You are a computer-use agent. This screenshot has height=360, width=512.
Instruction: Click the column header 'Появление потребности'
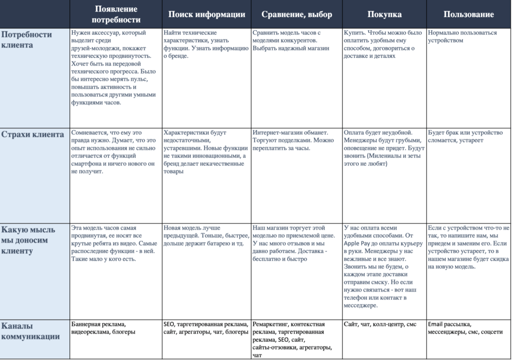pyautogui.click(x=116, y=14)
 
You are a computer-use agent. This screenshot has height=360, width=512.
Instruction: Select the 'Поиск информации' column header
pyautogui.click(x=206, y=14)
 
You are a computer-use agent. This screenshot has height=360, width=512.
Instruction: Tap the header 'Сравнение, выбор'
pyautogui.click(x=296, y=14)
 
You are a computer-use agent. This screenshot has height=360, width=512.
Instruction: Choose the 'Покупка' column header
pyautogui.click(x=384, y=14)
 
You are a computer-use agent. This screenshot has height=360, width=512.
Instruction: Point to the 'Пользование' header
pyautogui.click(x=468, y=14)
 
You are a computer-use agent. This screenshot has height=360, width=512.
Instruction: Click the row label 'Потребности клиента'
pyautogui.click(x=27, y=39)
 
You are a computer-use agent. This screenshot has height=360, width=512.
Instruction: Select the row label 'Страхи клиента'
pyautogui.click(x=32, y=134)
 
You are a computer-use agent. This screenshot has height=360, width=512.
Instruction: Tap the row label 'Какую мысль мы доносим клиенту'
pyautogui.click(x=29, y=240)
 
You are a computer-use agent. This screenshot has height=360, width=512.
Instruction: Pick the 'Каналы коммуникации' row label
pyautogui.click(x=30, y=330)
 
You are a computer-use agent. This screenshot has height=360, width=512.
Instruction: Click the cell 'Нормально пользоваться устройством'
pyautogui.click(x=462, y=36)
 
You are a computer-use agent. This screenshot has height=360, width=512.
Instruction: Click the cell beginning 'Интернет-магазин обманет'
pyautogui.click(x=292, y=140)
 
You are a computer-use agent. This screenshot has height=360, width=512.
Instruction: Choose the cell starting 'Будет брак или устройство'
pyautogui.click(x=465, y=136)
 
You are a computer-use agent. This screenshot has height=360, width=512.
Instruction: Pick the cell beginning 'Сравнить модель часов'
pyautogui.click(x=287, y=40)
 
